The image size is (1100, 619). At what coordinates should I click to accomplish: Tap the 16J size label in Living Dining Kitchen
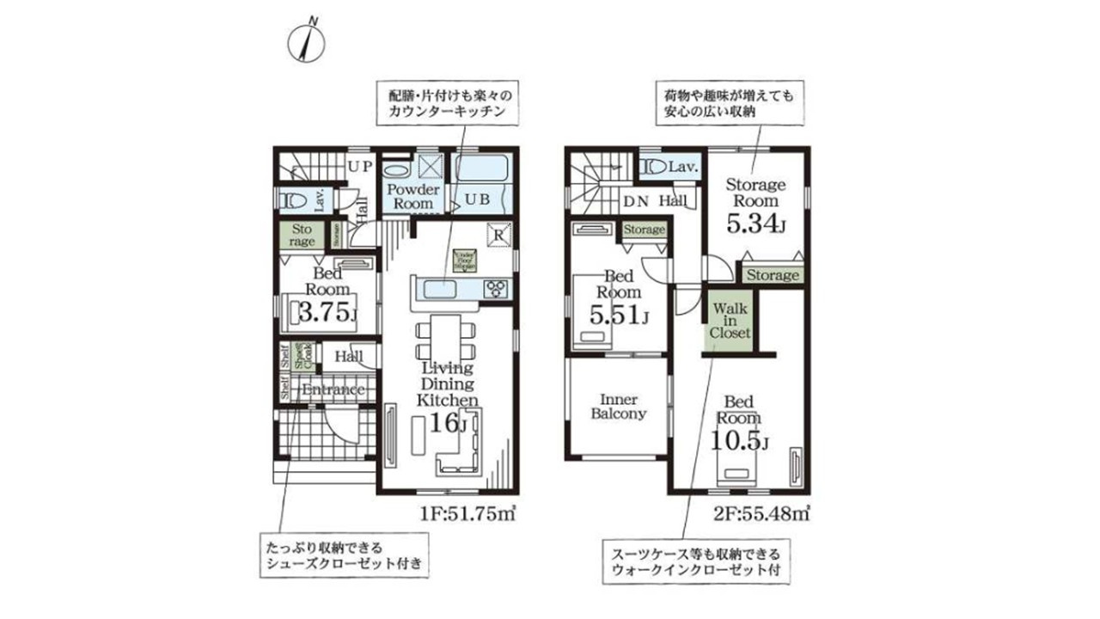(x=447, y=424)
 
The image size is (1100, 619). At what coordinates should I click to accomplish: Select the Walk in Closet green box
(x=730, y=319)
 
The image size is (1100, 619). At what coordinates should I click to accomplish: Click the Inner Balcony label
(x=618, y=406)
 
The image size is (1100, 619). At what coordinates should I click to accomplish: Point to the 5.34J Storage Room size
(x=756, y=225)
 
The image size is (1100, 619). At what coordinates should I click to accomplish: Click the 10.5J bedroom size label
(x=739, y=441)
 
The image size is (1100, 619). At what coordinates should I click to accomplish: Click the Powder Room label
(x=412, y=196)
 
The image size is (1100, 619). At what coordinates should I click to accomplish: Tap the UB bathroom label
(x=478, y=199)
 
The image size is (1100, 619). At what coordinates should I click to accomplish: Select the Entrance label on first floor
(x=334, y=390)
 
